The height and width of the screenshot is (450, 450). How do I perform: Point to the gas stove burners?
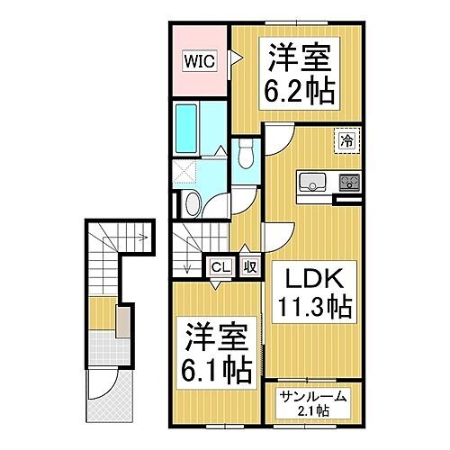point(347,181)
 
